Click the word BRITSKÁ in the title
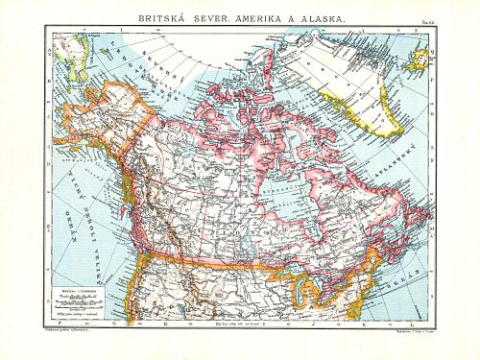[167, 18]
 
